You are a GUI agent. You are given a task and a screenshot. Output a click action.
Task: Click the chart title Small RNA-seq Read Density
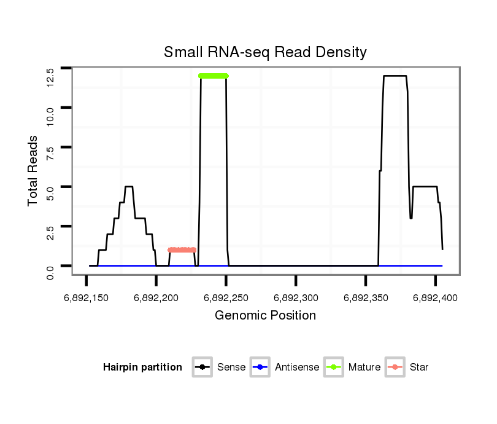265,52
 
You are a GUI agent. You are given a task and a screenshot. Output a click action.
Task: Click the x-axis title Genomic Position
265,316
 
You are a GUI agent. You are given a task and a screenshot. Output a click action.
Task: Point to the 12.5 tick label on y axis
50,76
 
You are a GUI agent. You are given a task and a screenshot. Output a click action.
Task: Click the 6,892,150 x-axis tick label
87,298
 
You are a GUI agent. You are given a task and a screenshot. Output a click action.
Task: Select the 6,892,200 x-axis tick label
156,298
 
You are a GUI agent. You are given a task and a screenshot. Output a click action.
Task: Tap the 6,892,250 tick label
226,298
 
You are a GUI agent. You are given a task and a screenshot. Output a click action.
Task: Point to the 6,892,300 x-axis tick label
296,298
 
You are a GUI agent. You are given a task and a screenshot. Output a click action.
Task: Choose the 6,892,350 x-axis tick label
366,298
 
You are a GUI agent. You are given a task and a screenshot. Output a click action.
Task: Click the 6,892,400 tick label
435,298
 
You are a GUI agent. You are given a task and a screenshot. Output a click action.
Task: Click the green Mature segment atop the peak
214,76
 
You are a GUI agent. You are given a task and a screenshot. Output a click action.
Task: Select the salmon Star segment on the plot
182,250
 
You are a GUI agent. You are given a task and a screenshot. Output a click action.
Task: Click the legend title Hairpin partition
142,367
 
